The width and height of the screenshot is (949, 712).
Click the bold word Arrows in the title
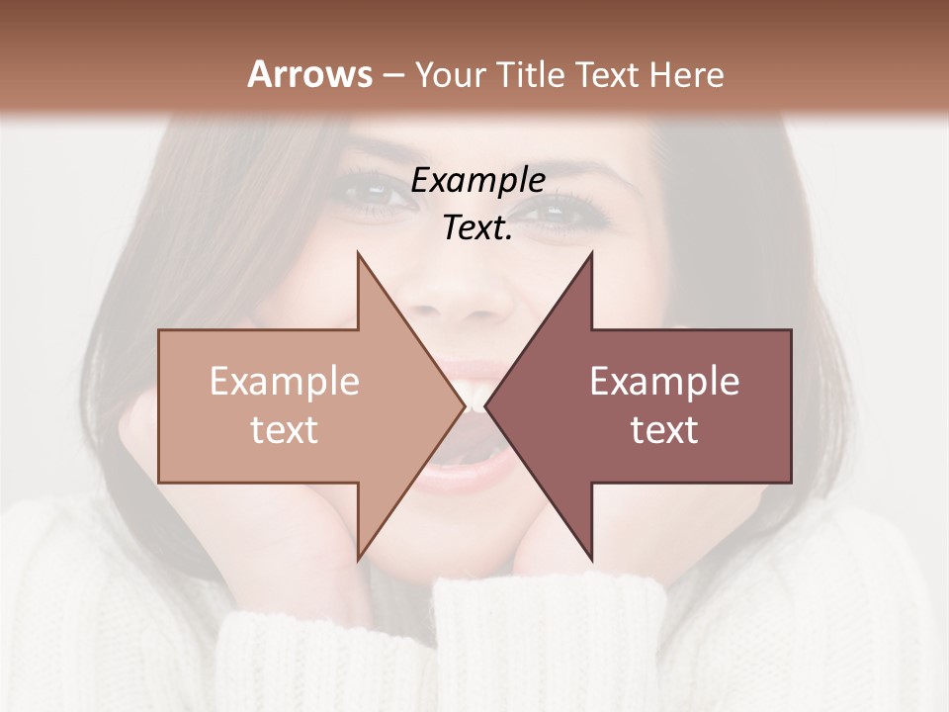pyautogui.click(x=309, y=74)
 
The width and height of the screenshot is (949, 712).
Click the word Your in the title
pyautogui.click(x=450, y=74)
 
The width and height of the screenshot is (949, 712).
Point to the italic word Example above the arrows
pyautogui.click(x=477, y=181)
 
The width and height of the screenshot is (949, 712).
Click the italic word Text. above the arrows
pyautogui.click(x=477, y=228)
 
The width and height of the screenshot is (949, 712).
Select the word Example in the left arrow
pyautogui.click(x=285, y=382)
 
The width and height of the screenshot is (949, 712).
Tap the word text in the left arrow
pyautogui.click(x=285, y=430)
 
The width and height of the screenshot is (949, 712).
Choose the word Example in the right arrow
pyautogui.click(x=664, y=382)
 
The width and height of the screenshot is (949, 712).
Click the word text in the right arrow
pyautogui.click(x=664, y=430)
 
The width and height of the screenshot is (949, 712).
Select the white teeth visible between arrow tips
pyautogui.click(x=475, y=398)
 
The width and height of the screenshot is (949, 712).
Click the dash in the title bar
pyautogui.click(x=392, y=75)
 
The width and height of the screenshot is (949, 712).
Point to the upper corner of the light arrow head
pyautogui.click(x=358, y=253)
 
